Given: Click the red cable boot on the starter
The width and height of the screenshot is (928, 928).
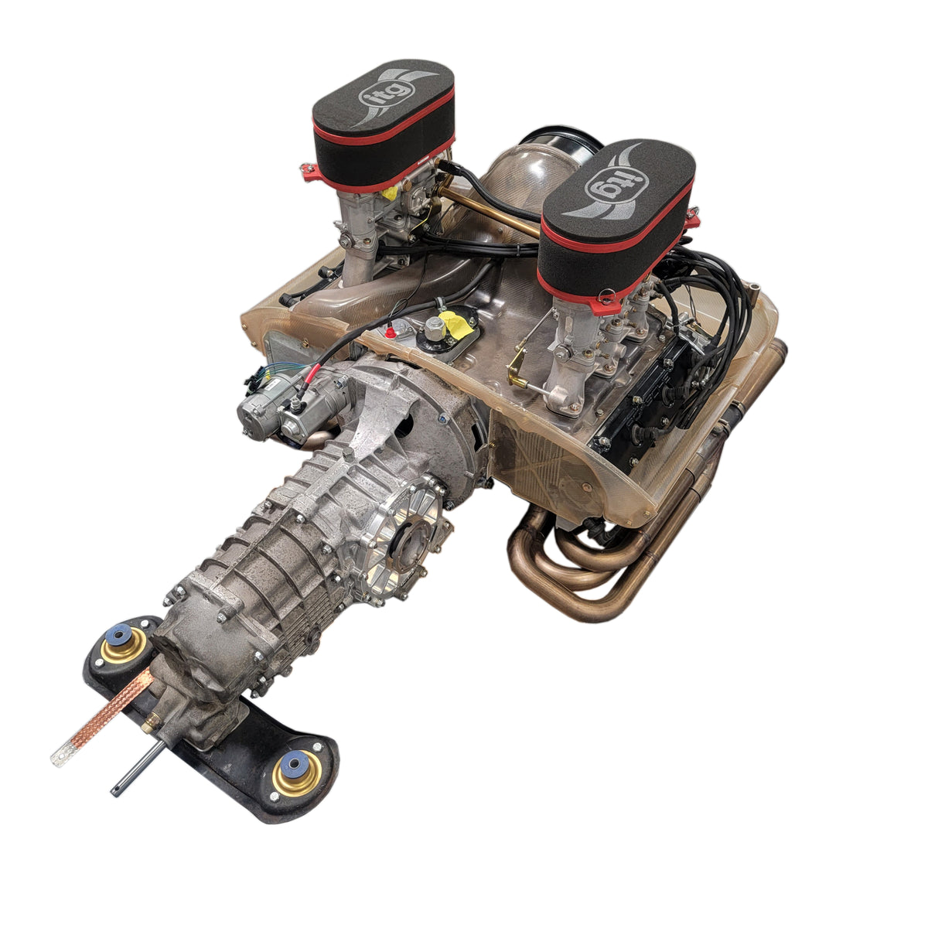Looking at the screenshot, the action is (307, 378).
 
